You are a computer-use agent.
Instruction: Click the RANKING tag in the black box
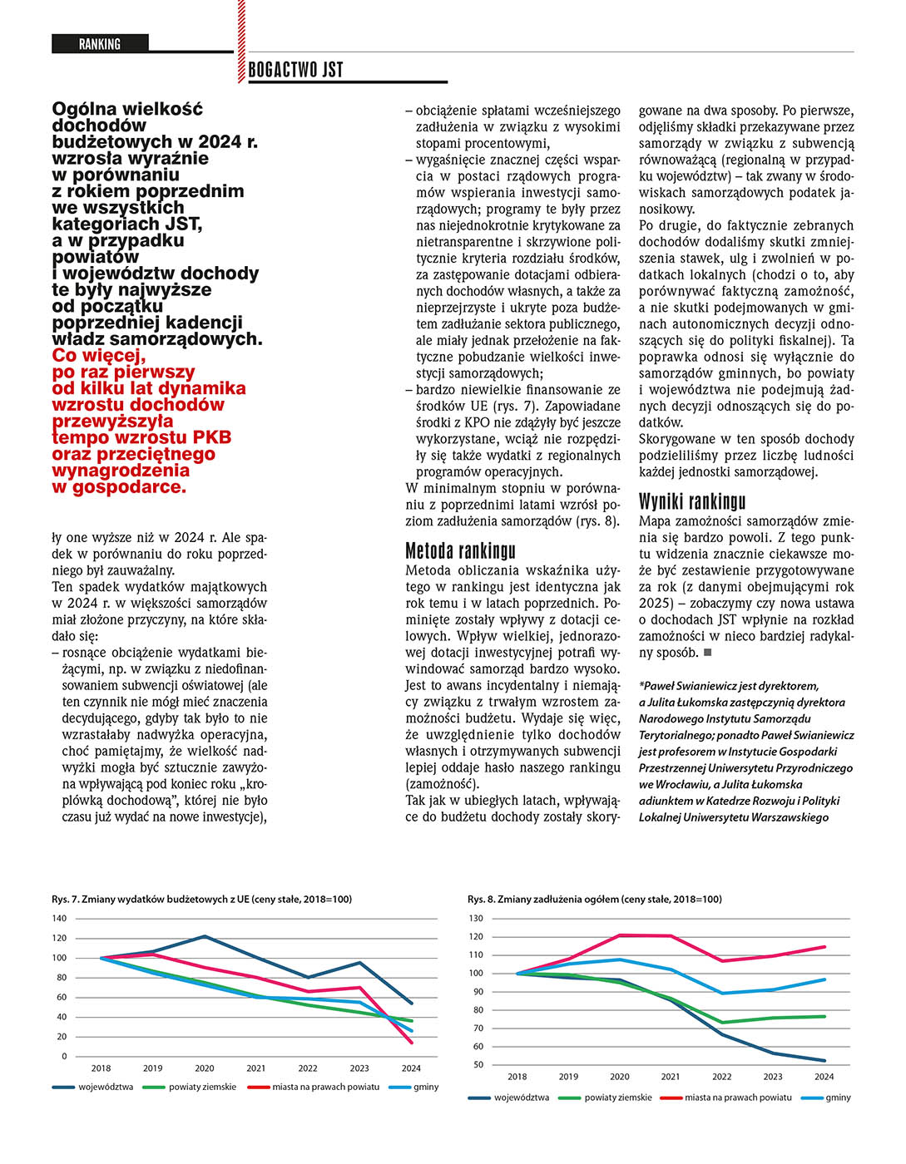point(100,44)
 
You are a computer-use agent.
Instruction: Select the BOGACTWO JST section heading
point(295,71)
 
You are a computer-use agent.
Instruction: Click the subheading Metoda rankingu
point(460,550)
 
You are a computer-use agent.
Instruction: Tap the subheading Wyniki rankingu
point(692,501)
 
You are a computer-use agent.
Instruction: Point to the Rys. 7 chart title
point(201,900)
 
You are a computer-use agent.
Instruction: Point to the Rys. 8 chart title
point(594,900)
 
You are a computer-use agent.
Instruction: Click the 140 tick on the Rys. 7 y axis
point(59,919)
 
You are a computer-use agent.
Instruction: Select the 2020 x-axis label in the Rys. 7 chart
point(205,1068)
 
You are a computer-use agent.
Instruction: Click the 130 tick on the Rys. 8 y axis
point(476,919)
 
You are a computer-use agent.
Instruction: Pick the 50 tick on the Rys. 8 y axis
point(478,1065)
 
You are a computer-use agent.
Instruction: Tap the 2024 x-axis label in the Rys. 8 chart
point(824,1077)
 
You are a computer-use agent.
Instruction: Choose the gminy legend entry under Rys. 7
point(426,1088)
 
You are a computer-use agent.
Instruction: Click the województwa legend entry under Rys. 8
point(521,1098)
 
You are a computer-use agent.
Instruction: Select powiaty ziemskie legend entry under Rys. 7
point(202,1088)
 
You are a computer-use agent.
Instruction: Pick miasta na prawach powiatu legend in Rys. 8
point(738,1098)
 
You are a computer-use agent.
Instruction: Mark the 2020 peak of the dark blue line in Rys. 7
point(205,936)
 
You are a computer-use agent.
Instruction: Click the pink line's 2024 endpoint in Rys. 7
point(411,1043)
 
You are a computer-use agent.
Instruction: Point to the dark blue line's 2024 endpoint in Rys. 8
point(824,1061)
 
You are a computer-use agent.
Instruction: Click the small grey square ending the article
point(708,653)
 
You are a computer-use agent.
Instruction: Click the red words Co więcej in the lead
point(98,356)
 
